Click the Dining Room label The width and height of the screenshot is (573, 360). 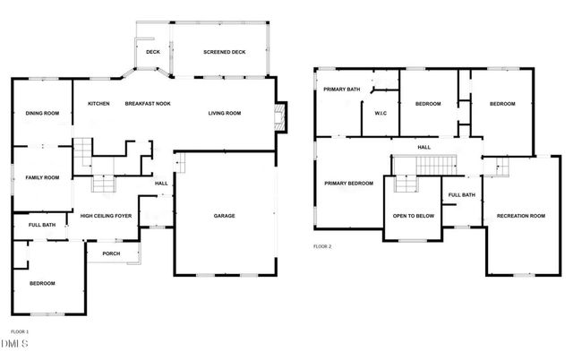(41, 113)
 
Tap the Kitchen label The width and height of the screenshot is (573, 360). (98, 104)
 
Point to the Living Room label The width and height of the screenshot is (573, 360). (225, 113)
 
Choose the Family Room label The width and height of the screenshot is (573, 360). (41, 177)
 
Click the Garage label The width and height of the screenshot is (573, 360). (224, 216)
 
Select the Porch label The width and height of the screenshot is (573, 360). (111, 253)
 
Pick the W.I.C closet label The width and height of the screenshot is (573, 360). (380, 113)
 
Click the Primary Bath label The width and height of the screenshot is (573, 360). (342, 89)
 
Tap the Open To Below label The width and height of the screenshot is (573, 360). (413, 216)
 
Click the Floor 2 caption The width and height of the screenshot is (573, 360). (321, 245)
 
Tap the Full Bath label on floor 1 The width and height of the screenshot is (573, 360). (41, 225)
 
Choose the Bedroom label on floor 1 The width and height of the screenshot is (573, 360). (41, 283)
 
